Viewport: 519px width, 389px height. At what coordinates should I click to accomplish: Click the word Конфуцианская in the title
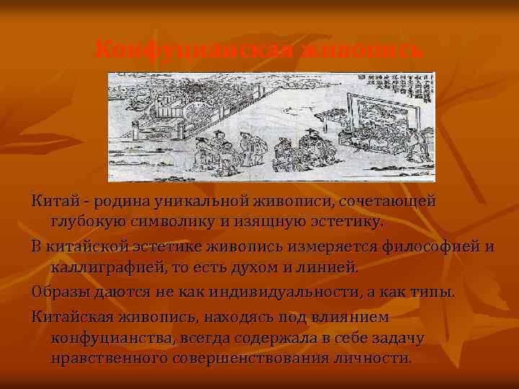tap(193, 50)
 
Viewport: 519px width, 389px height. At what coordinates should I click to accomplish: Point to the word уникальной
tap(187, 200)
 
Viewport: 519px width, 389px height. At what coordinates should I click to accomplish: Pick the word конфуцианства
tap(111, 338)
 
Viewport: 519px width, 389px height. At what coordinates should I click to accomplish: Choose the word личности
tap(381, 357)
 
